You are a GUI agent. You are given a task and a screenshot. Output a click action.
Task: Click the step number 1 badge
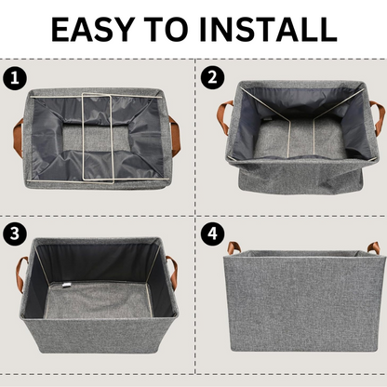(x=14, y=76)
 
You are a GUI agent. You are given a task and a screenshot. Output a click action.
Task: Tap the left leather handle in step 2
(x=223, y=116)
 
